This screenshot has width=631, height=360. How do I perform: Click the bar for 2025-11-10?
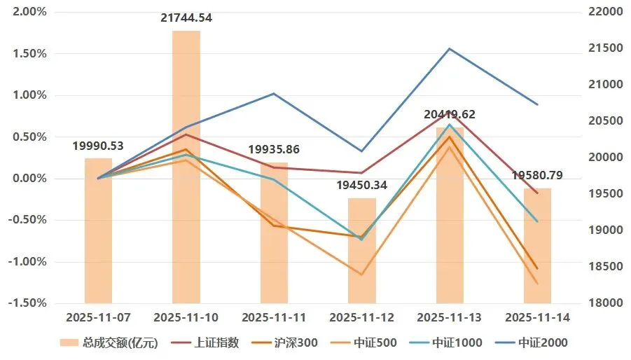[186, 167]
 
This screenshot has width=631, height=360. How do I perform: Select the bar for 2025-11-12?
[362, 251]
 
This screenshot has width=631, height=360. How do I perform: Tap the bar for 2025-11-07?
[98, 230]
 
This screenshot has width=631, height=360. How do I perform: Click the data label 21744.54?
[186, 18]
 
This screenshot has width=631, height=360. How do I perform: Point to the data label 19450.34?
[362, 185]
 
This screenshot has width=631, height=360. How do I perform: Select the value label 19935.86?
[274, 150]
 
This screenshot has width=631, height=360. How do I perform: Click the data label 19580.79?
[537, 175]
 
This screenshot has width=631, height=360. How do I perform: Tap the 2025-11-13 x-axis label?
[449, 317]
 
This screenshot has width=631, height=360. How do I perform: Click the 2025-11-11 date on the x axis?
[274, 317]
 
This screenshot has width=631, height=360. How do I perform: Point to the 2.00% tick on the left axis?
[30, 12]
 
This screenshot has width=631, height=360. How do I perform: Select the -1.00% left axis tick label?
[28, 261]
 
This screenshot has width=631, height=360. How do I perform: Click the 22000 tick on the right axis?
[606, 12]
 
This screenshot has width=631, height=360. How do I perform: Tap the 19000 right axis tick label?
[606, 230]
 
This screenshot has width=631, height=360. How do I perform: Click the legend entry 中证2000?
[532, 342]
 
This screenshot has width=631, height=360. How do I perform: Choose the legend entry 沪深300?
[284, 342]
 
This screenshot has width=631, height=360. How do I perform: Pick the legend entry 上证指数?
[205, 342]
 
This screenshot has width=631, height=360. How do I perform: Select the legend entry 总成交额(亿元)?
[109, 342]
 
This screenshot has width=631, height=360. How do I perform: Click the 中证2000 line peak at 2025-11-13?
[450, 48]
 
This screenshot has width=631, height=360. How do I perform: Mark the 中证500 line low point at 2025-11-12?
[361, 275]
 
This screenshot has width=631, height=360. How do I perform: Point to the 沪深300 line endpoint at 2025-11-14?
[537, 268]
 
